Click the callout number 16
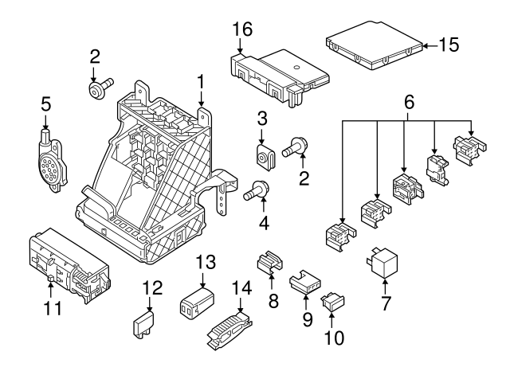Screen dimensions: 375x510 (241, 29)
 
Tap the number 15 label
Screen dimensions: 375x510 (449, 45)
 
